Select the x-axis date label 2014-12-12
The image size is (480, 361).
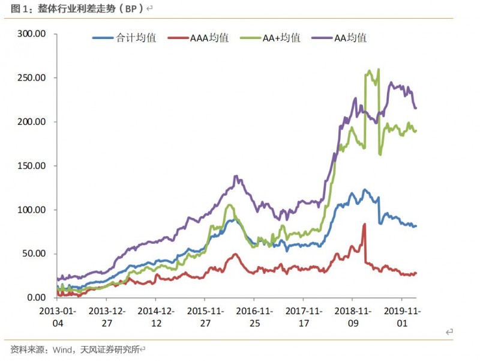tap(155, 317)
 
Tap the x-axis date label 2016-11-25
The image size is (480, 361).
tap(253, 317)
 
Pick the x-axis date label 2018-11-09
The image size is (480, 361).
tap(352, 317)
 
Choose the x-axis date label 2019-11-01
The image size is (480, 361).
tap(401, 317)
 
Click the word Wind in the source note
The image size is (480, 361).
tap(63, 349)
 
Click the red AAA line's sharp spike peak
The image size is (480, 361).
tap(364, 224)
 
